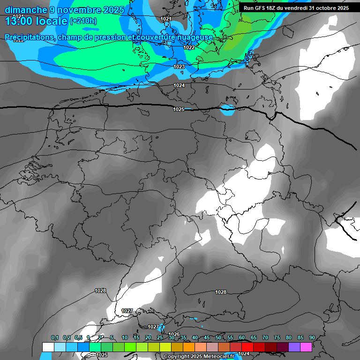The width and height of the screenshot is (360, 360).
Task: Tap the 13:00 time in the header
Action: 21,21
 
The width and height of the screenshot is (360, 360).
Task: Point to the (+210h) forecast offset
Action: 83,21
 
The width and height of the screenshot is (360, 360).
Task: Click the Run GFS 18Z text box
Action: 296,8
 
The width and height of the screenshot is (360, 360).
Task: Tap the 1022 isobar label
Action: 189,47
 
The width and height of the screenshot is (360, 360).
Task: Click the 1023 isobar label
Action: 179,67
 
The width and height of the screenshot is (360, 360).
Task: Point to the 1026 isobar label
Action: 173,334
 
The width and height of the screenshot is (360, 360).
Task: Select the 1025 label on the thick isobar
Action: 179,109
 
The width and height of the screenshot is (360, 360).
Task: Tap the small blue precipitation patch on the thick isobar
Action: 227,110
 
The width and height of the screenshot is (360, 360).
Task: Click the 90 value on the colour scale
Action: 312,338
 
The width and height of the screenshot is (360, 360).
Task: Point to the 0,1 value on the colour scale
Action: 55,338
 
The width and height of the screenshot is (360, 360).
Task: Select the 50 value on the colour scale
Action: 218,338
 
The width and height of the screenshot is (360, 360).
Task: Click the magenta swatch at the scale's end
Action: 306,347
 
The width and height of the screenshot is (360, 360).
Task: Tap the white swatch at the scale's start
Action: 48,347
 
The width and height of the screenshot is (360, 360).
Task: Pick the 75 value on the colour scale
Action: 277,338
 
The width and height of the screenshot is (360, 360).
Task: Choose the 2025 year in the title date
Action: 114,10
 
